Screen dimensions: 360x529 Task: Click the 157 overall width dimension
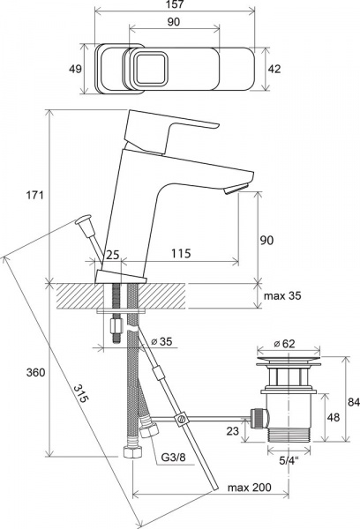click(x=176, y=4)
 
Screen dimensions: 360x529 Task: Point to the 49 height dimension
click(x=75, y=69)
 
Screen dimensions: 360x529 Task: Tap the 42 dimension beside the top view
click(x=274, y=69)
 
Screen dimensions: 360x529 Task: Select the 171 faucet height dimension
click(x=35, y=195)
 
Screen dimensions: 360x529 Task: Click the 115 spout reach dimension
click(x=181, y=253)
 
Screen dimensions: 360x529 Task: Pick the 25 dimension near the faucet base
click(x=113, y=255)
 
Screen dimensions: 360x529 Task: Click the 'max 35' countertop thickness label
click(x=282, y=296)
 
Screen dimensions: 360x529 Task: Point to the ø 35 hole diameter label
click(x=161, y=341)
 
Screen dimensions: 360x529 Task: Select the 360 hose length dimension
click(x=35, y=372)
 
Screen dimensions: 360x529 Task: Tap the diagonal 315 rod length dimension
click(x=81, y=393)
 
